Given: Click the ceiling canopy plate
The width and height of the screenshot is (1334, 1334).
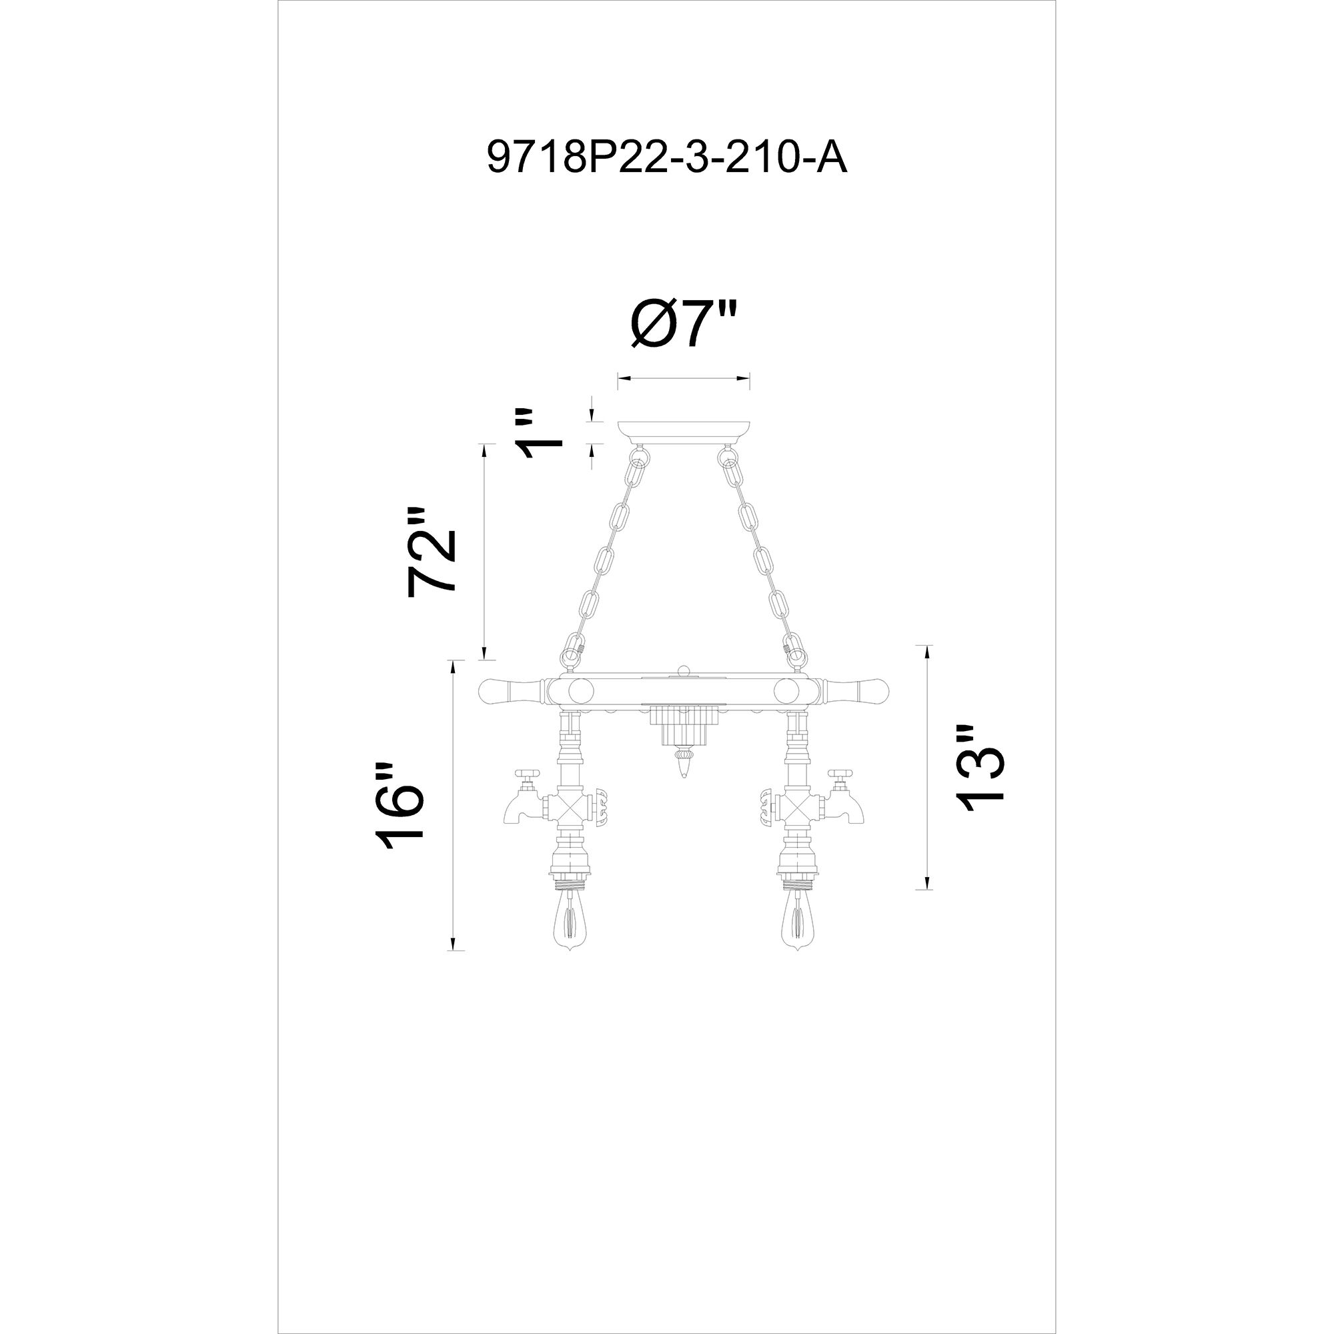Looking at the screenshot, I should pos(684,432).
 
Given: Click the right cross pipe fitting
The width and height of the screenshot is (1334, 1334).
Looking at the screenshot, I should pos(798,806).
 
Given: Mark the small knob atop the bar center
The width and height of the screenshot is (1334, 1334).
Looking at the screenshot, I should pos(684,669).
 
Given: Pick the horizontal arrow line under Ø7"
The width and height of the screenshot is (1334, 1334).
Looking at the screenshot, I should pos(684,378).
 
